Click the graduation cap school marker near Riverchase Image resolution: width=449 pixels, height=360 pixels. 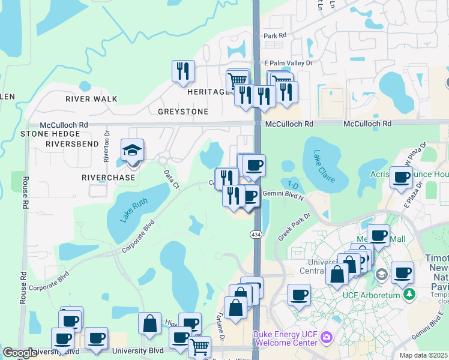[x=133, y=151]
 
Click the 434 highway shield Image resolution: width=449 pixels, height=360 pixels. [x=256, y=234]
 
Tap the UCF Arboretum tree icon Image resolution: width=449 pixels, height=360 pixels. [x=409, y=294]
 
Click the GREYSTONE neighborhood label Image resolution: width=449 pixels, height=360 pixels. [x=183, y=112]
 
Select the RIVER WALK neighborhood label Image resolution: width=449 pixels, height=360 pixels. [x=91, y=98]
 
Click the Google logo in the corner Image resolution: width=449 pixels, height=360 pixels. [x=20, y=353]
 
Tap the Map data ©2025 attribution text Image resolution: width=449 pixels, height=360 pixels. [x=424, y=355]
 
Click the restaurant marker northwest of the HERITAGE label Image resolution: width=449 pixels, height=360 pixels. [x=182, y=71]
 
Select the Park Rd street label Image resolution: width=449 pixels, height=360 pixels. [x=275, y=35]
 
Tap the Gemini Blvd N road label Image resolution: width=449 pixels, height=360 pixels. [x=283, y=197]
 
